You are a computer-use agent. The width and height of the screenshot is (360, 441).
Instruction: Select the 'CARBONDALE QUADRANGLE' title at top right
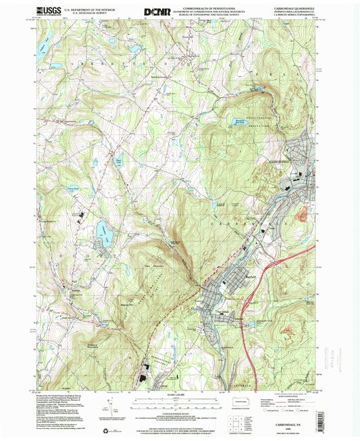click(290, 8)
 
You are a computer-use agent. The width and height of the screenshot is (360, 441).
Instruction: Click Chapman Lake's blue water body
click(104, 230)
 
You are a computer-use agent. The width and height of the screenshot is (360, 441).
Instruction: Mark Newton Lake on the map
click(119, 163)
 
